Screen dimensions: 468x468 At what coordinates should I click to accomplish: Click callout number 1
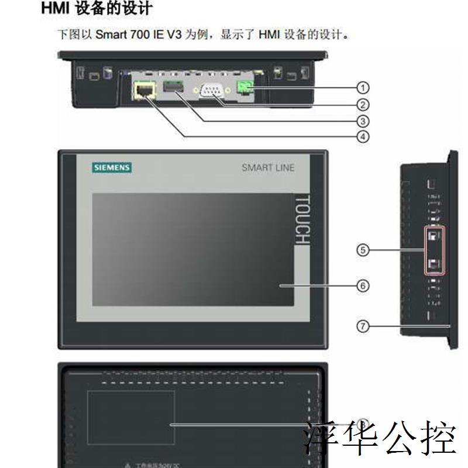(x=363, y=88)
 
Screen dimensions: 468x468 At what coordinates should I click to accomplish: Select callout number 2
(x=363, y=105)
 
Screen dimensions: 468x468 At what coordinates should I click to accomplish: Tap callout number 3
(x=363, y=121)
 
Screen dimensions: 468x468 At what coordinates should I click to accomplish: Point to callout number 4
(x=363, y=137)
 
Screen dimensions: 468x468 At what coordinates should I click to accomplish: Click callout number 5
(x=363, y=250)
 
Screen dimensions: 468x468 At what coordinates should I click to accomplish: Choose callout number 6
(x=363, y=285)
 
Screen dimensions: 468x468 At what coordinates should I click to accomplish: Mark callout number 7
(x=363, y=326)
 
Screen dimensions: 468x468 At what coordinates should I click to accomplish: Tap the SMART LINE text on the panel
(x=269, y=168)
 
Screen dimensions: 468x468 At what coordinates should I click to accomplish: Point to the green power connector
(x=244, y=88)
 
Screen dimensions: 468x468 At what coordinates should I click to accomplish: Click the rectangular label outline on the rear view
(x=130, y=418)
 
